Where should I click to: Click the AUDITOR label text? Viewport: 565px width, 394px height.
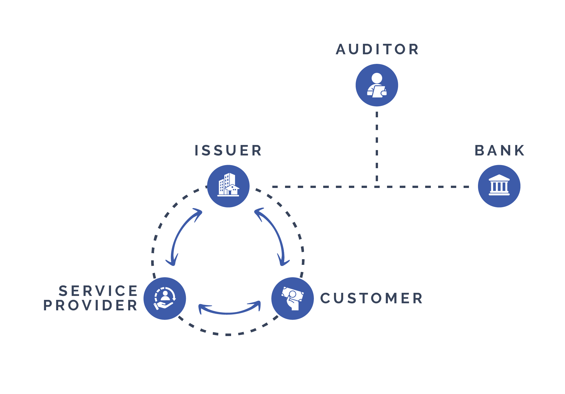point(377,49)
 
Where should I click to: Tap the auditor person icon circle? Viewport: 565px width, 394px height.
point(377,85)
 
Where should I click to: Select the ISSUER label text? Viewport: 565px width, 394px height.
point(228,150)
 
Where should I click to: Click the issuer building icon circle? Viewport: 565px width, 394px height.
point(228,186)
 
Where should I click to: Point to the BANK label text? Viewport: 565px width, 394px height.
point(499,150)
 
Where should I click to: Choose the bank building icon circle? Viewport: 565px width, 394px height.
point(499,186)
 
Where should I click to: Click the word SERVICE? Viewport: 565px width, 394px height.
point(98,291)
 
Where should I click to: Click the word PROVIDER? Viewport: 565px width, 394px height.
point(90,305)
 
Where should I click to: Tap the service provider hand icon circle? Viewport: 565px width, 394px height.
point(165,298)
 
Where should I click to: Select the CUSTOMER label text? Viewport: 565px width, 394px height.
point(371,298)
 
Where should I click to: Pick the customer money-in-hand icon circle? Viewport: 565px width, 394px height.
point(292,298)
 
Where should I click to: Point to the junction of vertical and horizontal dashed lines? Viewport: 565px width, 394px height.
point(377,187)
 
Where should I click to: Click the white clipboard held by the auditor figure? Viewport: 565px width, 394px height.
point(378,92)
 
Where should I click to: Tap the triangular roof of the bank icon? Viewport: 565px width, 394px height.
point(499,178)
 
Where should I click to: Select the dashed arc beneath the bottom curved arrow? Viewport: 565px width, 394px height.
point(228,334)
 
